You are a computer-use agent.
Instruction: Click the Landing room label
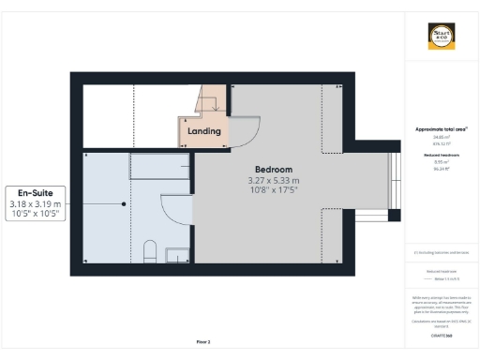coord(204,131)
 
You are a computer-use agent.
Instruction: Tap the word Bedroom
coord(273,169)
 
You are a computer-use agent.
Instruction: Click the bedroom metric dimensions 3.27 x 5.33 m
coord(273,180)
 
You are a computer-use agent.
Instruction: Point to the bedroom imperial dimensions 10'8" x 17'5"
coord(273,190)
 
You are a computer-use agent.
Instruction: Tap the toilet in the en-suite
coord(149,251)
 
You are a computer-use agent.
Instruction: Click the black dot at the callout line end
coord(123,203)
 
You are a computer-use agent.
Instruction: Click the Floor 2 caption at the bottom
coord(202,342)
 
